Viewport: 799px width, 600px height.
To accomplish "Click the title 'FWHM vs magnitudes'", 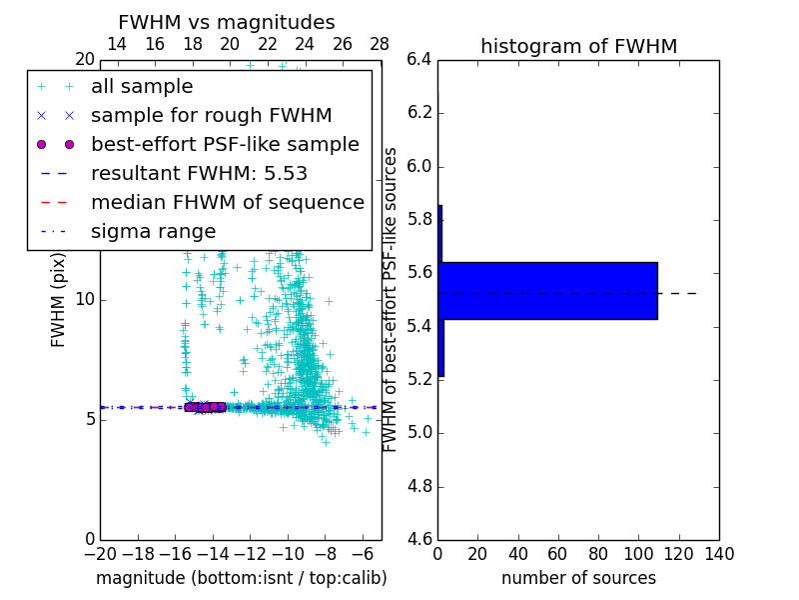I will pyautogui.click(x=226, y=22).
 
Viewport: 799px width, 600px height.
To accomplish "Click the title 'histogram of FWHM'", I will pyautogui.click(x=578, y=46).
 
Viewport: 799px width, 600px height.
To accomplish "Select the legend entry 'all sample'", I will pyautogui.click(x=142, y=87).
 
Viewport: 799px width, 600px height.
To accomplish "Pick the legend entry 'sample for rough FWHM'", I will pyautogui.click(x=211, y=116).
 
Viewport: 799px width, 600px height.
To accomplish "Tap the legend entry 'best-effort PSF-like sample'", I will pyautogui.click(x=225, y=145).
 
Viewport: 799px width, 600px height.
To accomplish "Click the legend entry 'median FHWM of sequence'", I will pyautogui.click(x=227, y=203).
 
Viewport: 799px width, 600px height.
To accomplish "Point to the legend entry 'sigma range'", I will pyautogui.click(x=153, y=232).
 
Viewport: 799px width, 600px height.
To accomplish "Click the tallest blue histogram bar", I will pyautogui.click(x=547, y=290).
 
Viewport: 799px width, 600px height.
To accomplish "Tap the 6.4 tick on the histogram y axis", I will pyautogui.click(x=419, y=59).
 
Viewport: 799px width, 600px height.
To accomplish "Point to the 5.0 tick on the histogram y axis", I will pyautogui.click(x=419, y=433).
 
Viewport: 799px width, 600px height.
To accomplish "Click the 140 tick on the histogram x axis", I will pyautogui.click(x=719, y=554).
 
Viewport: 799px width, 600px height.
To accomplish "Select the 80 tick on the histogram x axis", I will pyautogui.click(x=598, y=554).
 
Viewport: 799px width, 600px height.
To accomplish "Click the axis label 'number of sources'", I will pyautogui.click(x=578, y=578).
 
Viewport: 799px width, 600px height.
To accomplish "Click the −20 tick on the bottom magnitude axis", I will pyautogui.click(x=100, y=554).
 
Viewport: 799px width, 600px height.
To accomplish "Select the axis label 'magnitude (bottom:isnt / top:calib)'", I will pyautogui.click(x=241, y=578).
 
